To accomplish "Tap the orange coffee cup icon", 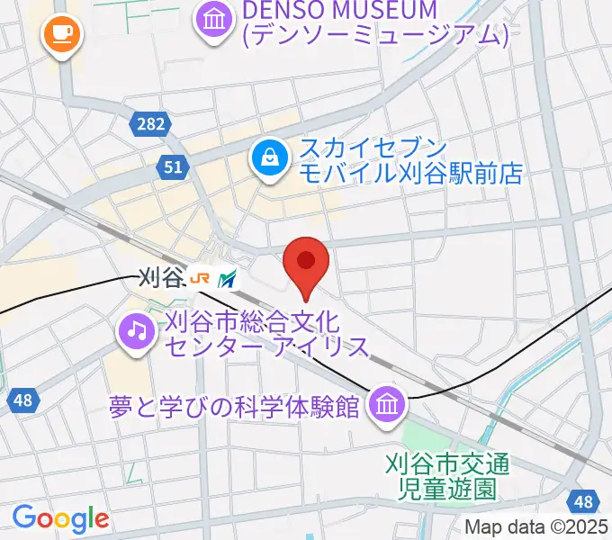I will tap(61, 35).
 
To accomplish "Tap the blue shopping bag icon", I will tap(268, 159).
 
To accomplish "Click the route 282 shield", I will tap(151, 123).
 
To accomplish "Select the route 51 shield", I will tap(175, 166).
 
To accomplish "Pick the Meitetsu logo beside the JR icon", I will tap(228, 279).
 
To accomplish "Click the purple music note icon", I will tap(136, 329).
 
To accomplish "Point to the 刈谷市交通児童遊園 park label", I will tap(447, 477).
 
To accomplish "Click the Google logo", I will tap(60, 517).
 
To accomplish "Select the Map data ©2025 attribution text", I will tap(536, 526).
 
